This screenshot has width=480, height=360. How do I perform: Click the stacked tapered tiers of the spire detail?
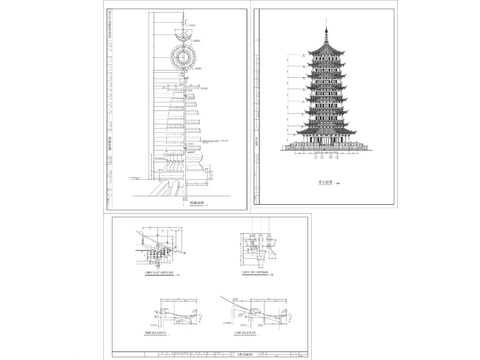[186, 120]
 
